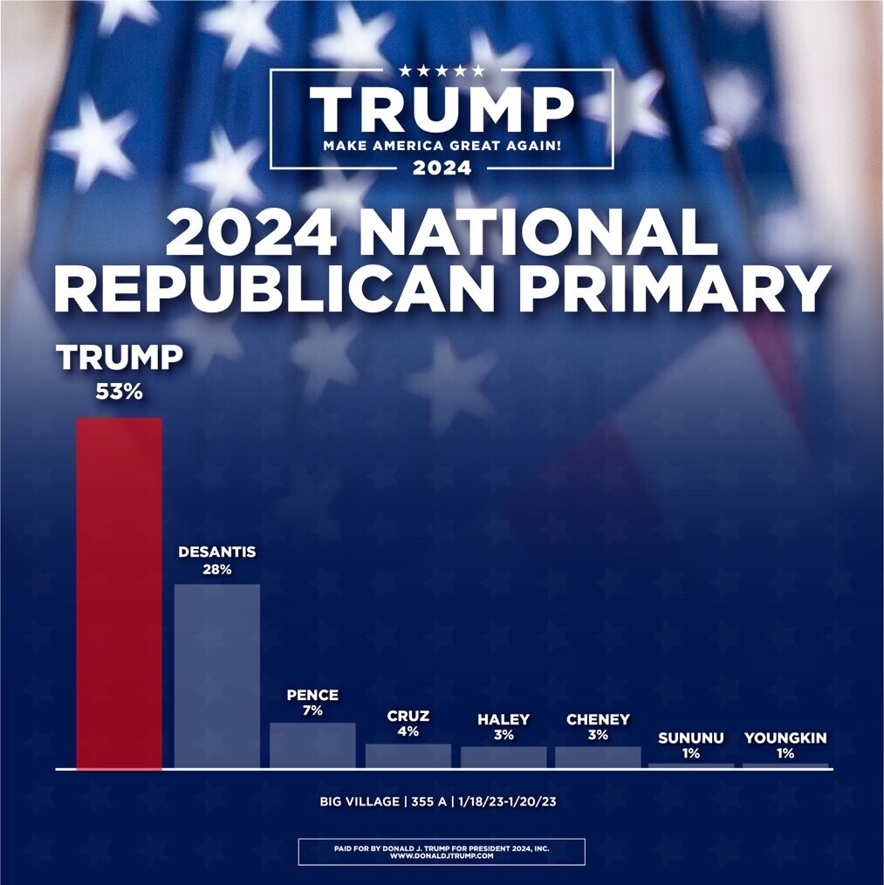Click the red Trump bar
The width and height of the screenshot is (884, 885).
click(119, 593)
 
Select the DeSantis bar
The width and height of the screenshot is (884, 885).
click(216, 676)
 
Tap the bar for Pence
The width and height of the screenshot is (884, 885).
click(312, 745)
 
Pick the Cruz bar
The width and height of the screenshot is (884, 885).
click(408, 757)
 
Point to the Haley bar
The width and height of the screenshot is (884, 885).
click(504, 758)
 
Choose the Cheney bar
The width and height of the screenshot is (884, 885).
click(598, 758)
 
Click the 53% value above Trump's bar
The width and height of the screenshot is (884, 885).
click(119, 392)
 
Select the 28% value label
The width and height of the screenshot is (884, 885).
click(217, 570)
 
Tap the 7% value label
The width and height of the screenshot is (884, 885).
click(312, 710)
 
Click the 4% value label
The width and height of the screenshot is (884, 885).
click(408, 731)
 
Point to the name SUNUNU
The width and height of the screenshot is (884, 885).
click(691, 737)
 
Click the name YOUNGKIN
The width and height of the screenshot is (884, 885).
click(785, 737)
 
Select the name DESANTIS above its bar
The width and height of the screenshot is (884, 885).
click(217, 552)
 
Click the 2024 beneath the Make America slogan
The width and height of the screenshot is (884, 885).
click(442, 168)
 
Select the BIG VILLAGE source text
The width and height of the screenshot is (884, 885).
click(359, 801)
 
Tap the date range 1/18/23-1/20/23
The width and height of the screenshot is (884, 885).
click(508, 801)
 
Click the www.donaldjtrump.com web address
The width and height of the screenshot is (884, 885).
click(442, 855)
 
